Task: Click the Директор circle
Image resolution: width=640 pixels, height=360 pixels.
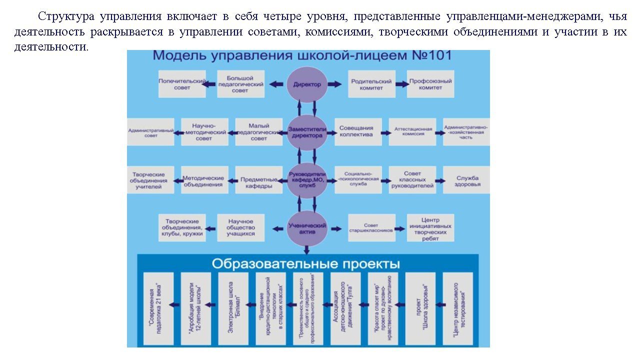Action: point(307,84)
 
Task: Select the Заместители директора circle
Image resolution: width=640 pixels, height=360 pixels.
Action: point(307,132)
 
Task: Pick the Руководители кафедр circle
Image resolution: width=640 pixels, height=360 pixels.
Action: point(307,179)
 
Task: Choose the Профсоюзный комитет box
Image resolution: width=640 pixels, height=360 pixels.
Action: point(430,84)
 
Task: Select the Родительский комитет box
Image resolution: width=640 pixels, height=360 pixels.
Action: point(371,84)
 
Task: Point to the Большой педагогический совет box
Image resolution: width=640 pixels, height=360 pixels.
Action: point(240,84)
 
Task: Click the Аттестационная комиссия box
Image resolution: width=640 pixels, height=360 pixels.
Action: point(412,132)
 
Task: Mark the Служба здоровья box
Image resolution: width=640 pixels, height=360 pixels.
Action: point(467,180)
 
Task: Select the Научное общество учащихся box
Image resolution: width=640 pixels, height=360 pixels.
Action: point(240,227)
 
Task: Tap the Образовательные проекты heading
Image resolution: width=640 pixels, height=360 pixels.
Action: point(305,263)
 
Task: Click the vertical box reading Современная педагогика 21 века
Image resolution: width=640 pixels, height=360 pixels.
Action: point(158,308)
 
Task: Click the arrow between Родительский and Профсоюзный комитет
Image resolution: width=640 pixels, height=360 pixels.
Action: point(401,84)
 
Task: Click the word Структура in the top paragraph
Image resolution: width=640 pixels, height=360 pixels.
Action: point(66,16)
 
